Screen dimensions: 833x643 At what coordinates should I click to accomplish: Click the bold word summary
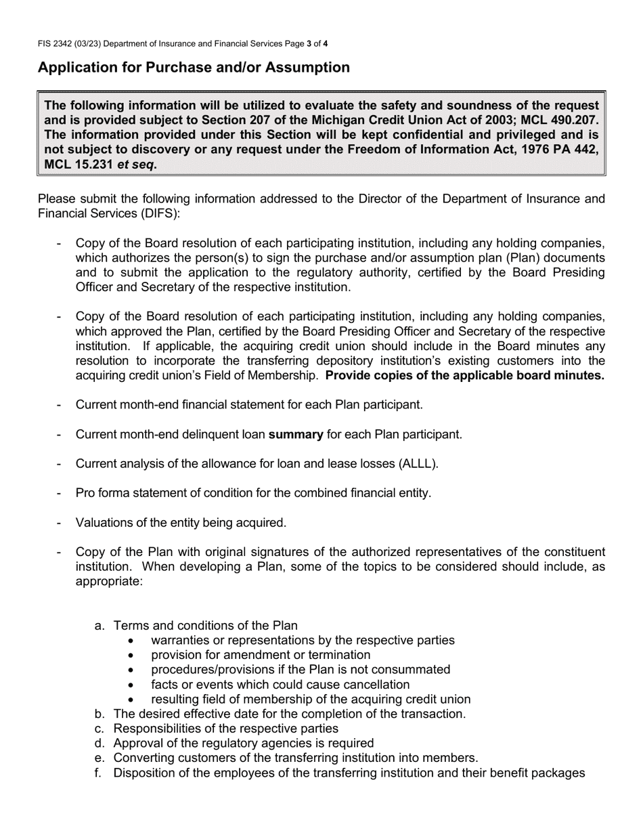tap(296, 434)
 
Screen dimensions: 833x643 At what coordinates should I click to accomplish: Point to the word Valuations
tap(104, 523)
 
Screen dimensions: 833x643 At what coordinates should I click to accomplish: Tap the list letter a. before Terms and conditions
tap(100, 626)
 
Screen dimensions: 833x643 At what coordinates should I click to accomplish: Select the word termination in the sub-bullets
tap(339, 655)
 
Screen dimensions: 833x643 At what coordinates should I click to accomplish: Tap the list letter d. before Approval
tap(100, 744)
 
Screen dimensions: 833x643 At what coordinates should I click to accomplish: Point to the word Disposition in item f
tap(142, 773)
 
